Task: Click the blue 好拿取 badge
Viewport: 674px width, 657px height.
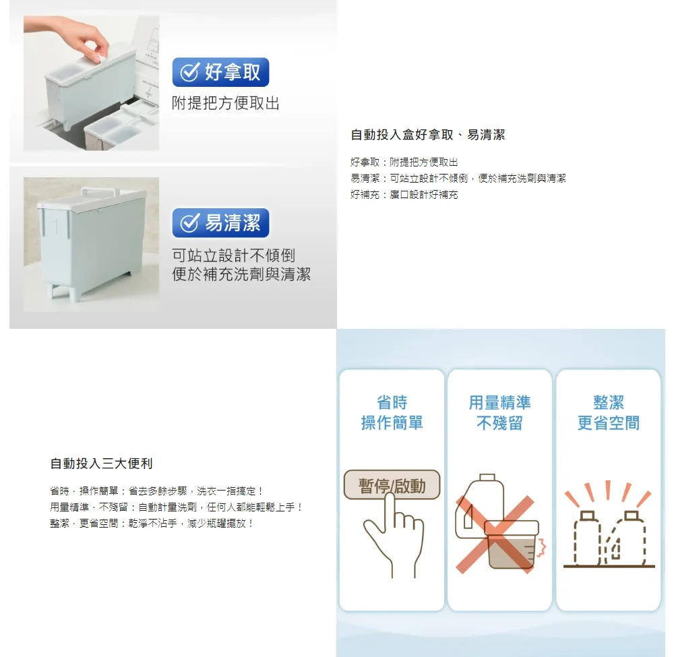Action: pos(220,72)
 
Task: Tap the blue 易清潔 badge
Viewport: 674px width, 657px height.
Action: pos(220,223)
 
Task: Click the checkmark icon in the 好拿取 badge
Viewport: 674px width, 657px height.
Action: pos(189,71)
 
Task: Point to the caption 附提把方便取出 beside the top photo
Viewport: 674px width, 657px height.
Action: pos(226,103)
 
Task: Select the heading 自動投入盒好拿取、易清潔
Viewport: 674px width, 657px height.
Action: pos(428,135)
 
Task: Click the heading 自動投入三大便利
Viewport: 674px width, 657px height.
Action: pos(102,464)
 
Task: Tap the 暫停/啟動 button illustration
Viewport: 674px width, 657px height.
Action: pos(392,485)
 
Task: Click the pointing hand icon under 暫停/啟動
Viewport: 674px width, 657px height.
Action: pos(393,536)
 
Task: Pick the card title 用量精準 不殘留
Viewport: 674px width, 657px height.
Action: pos(499,413)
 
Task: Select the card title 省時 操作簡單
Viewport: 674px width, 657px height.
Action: pos(392,413)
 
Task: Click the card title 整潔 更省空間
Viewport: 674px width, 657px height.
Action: pos(608,413)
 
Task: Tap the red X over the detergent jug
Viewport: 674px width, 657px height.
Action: pos(495,534)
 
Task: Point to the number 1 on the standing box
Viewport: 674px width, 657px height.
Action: pos(56,227)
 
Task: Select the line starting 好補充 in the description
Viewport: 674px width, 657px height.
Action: pos(404,195)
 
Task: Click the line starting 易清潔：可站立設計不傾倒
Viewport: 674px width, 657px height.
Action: pos(458,179)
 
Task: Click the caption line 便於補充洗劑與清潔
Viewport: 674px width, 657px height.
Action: pos(241,274)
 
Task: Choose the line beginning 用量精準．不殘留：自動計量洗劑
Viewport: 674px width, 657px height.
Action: pos(177,507)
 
